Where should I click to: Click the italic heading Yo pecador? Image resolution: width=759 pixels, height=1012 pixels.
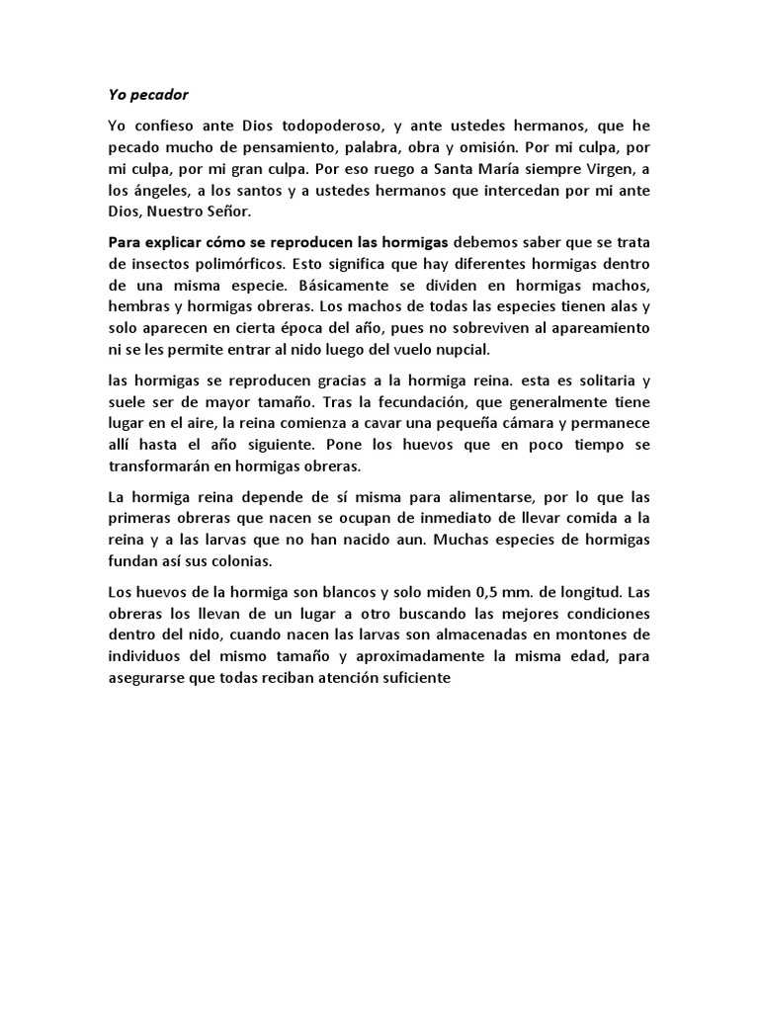(147, 95)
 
